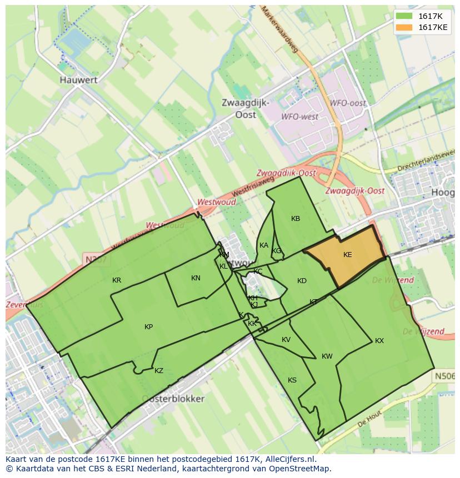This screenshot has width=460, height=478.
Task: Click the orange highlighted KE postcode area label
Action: pos(347,255)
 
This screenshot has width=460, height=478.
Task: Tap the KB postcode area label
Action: pos(296,219)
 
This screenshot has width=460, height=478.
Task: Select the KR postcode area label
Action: pos(117,280)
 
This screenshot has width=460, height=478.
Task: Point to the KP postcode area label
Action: pos(148,327)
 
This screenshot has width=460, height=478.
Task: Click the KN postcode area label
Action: pos(196,278)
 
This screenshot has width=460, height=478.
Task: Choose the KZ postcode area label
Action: pos(159,371)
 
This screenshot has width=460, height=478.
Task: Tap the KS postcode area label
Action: pos(292,380)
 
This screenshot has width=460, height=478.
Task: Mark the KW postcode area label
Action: pos(327,356)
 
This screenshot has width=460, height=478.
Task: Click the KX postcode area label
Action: pos(379,341)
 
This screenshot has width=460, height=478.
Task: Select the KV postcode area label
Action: pos(286,340)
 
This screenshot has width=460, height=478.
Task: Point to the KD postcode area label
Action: pos(302,281)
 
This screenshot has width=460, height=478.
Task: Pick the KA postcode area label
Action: pos(264,245)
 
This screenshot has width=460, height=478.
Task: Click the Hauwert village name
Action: pos(78,80)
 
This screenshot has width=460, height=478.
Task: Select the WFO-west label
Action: pos(300,117)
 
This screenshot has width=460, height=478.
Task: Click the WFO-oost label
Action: pos(348,103)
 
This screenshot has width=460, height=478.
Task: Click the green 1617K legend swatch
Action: pos(404,16)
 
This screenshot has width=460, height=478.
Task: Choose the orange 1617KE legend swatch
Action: pos(404,27)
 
